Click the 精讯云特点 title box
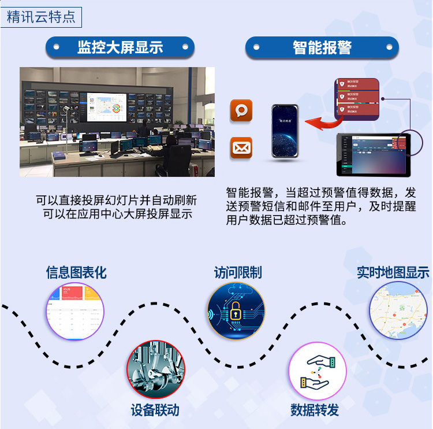pos(41,16)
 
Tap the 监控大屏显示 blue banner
pos(120,47)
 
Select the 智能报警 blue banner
pos(322,47)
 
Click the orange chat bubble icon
pos(241,110)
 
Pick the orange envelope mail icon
pos(241,148)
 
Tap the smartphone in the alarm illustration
pos(285,131)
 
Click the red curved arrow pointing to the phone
pos(321,120)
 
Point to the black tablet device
pos(373,154)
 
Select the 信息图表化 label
pos(76,272)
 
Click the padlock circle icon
pos(236,311)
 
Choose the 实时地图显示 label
pos(393,272)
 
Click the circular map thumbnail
pos(398,310)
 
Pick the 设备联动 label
pos(155,410)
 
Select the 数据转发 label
pos(315,410)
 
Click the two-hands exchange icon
pos(317,371)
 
